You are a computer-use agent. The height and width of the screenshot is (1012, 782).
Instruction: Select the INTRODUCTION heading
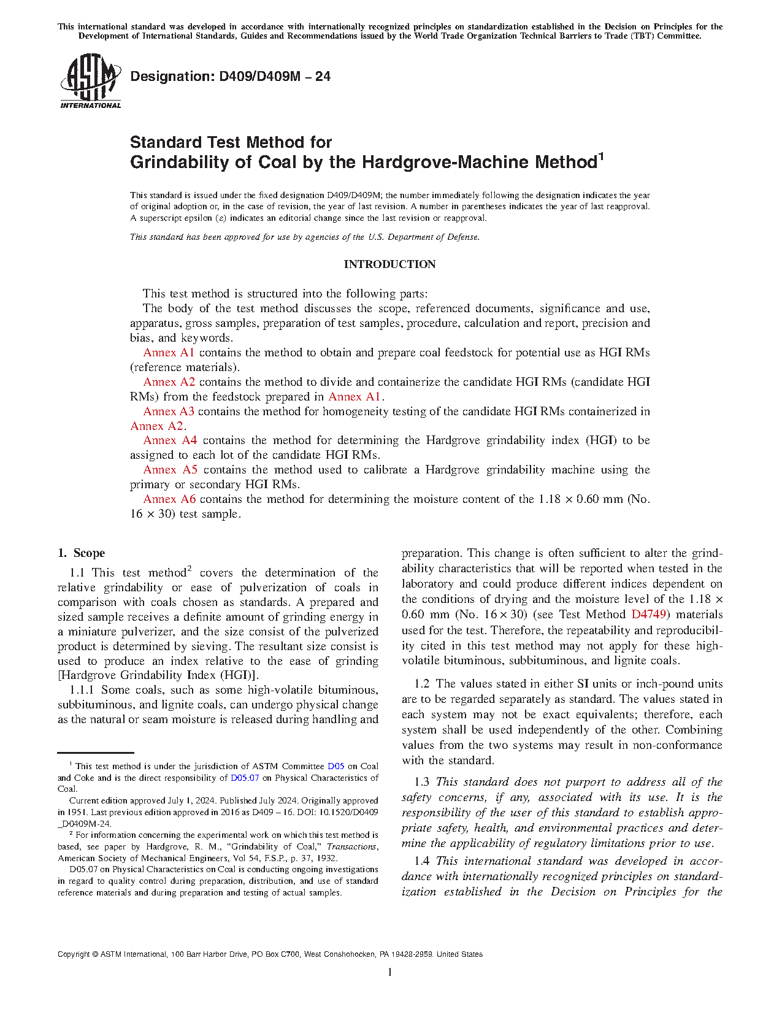pos(389,264)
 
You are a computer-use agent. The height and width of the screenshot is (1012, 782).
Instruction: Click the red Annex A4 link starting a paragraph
pos(170,440)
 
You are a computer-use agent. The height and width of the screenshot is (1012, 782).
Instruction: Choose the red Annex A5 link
pos(170,470)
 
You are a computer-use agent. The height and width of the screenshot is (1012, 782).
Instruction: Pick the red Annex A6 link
pos(169,499)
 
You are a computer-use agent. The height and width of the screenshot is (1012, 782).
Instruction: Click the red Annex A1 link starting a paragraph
pos(169,353)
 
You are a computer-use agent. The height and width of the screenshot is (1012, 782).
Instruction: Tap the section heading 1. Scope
pos(82,553)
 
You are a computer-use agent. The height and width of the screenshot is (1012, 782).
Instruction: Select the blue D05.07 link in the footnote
pos(245,778)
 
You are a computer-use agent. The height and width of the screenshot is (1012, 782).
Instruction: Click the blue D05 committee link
pos(335,766)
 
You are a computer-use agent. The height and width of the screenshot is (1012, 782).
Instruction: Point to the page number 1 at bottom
pos(390,972)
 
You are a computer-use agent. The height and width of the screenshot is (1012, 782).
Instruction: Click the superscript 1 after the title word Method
pos(601,156)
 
